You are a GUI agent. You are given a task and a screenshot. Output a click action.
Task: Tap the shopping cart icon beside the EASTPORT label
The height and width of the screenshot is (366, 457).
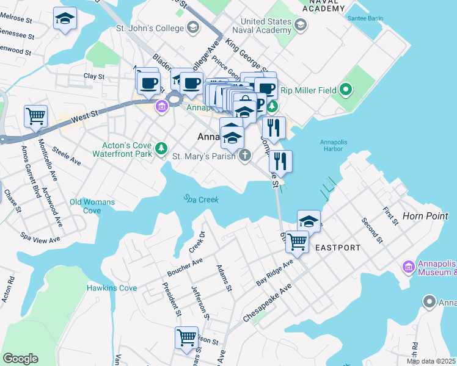[x=298, y=240]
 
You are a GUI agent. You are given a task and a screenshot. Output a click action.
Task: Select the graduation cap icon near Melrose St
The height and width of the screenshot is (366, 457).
[x=65, y=18]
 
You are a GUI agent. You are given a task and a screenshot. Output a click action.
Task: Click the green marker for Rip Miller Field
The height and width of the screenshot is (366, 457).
[x=345, y=91]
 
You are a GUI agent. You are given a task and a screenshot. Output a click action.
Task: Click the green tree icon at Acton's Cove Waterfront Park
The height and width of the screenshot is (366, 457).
[x=161, y=148]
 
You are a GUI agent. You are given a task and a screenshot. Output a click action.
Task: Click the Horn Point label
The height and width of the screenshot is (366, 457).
[x=426, y=216]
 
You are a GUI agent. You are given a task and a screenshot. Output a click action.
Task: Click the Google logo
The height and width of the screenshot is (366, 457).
[x=20, y=359]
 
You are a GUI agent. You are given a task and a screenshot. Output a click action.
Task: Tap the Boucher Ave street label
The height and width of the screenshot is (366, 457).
[x=189, y=264]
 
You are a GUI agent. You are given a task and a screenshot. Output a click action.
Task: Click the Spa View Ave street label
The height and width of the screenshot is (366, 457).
[x=40, y=236]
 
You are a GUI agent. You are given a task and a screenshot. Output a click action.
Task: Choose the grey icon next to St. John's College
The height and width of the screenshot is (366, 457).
[x=193, y=27]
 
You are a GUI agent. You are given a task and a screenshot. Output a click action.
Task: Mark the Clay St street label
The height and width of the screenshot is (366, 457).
[x=94, y=77]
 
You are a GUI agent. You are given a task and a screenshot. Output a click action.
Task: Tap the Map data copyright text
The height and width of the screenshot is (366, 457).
[x=431, y=361]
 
